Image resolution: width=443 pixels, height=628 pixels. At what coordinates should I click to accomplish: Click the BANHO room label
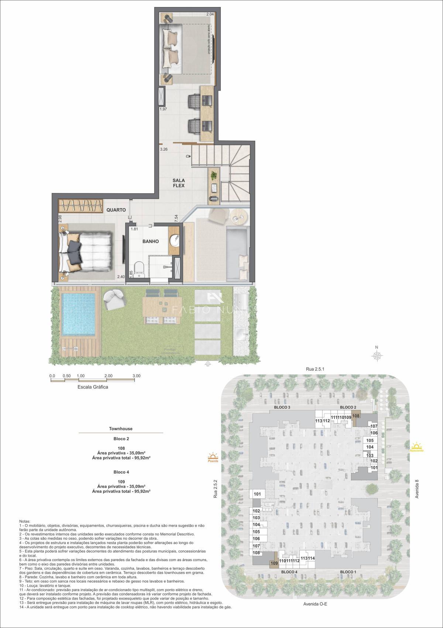tap(151, 241)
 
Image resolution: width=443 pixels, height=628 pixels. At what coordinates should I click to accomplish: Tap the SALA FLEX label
tap(179, 183)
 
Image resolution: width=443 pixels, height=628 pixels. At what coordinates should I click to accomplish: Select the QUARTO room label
tap(116, 210)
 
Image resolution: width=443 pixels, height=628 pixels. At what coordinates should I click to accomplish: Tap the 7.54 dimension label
tap(176, 218)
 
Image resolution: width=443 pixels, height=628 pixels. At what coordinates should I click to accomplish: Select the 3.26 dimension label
tap(164, 150)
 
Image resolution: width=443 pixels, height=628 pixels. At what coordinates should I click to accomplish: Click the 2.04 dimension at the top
tap(210, 14)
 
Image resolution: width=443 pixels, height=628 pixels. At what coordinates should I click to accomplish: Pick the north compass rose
tap(377, 356)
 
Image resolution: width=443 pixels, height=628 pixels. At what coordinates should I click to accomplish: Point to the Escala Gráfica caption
tap(93, 387)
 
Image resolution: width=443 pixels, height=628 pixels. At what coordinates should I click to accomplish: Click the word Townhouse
tap(121, 429)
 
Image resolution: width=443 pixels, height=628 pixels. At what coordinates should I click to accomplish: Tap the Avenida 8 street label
tap(417, 489)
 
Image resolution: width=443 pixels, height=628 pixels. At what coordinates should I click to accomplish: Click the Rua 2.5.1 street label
tap(315, 369)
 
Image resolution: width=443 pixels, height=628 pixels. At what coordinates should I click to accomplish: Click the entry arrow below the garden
tap(208, 364)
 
